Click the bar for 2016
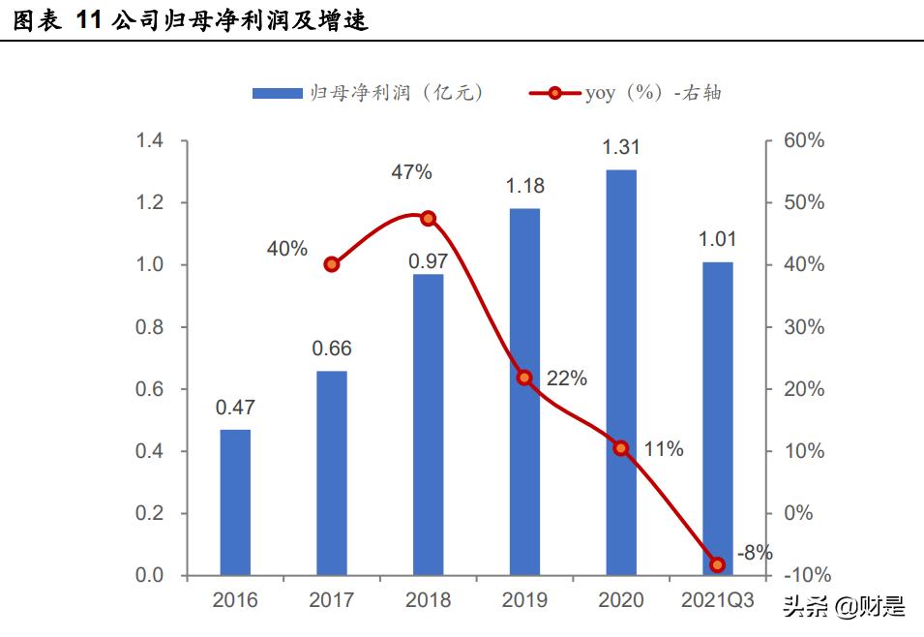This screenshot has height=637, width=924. pos(235,502)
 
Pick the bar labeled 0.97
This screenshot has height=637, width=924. pos(428,425)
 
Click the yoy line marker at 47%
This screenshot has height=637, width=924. pos(429,219)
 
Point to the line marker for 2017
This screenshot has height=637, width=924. pos(332,264)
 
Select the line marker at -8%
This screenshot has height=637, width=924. pos(717,564)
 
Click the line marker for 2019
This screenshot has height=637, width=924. pos(524,378)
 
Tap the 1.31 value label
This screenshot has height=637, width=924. pos(621,148)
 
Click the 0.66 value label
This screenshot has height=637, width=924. pos(331,349)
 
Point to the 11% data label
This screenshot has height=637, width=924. pos(664,449)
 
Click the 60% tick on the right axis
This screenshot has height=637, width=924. pos(803,141)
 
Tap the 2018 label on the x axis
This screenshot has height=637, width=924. pos(428,601)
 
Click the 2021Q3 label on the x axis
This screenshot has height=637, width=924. pos(717,601)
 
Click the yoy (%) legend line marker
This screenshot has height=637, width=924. pos(554,93)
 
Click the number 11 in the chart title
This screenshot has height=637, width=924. pos(88,20)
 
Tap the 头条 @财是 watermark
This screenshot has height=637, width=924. pos(843,607)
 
